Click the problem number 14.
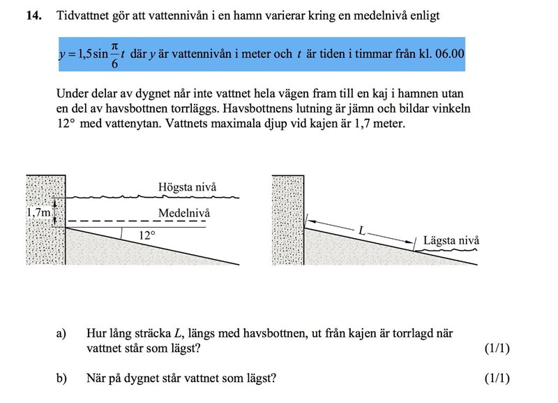(x=32, y=15)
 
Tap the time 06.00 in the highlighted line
(x=449, y=54)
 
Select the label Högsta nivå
(x=187, y=187)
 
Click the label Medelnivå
(x=183, y=212)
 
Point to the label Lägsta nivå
(x=451, y=241)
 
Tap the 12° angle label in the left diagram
(x=145, y=236)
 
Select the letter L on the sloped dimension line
(x=361, y=229)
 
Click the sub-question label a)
(x=62, y=334)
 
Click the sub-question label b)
(x=62, y=379)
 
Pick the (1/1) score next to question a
(x=497, y=349)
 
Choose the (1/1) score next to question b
(x=497, y=379)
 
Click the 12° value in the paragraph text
(x=66, y=124)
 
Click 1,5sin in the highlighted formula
(x=87, y=54)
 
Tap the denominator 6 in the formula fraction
(x=115, y=64)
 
